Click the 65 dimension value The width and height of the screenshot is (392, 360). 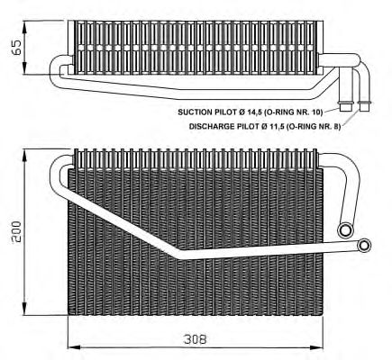(17, 47)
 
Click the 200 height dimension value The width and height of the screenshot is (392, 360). (15, 231)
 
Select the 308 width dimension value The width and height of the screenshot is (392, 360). (196, 339)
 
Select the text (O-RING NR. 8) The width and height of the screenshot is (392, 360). (314, 126)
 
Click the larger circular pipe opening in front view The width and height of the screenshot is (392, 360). (345, 230)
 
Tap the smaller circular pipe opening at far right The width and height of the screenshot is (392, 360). (364, 245)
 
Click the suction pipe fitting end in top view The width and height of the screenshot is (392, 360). (345, 106)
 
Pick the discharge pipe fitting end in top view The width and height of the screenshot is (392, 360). (365, 106)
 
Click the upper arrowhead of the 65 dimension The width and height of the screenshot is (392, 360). (24, 26)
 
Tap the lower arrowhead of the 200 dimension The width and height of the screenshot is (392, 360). (24, 309)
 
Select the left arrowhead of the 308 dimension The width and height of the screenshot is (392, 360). (75, 347)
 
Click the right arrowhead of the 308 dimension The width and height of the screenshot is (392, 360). (316, 347)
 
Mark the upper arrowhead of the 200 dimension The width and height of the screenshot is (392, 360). (24, 155)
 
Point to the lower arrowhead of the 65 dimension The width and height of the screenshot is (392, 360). (24, 68)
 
